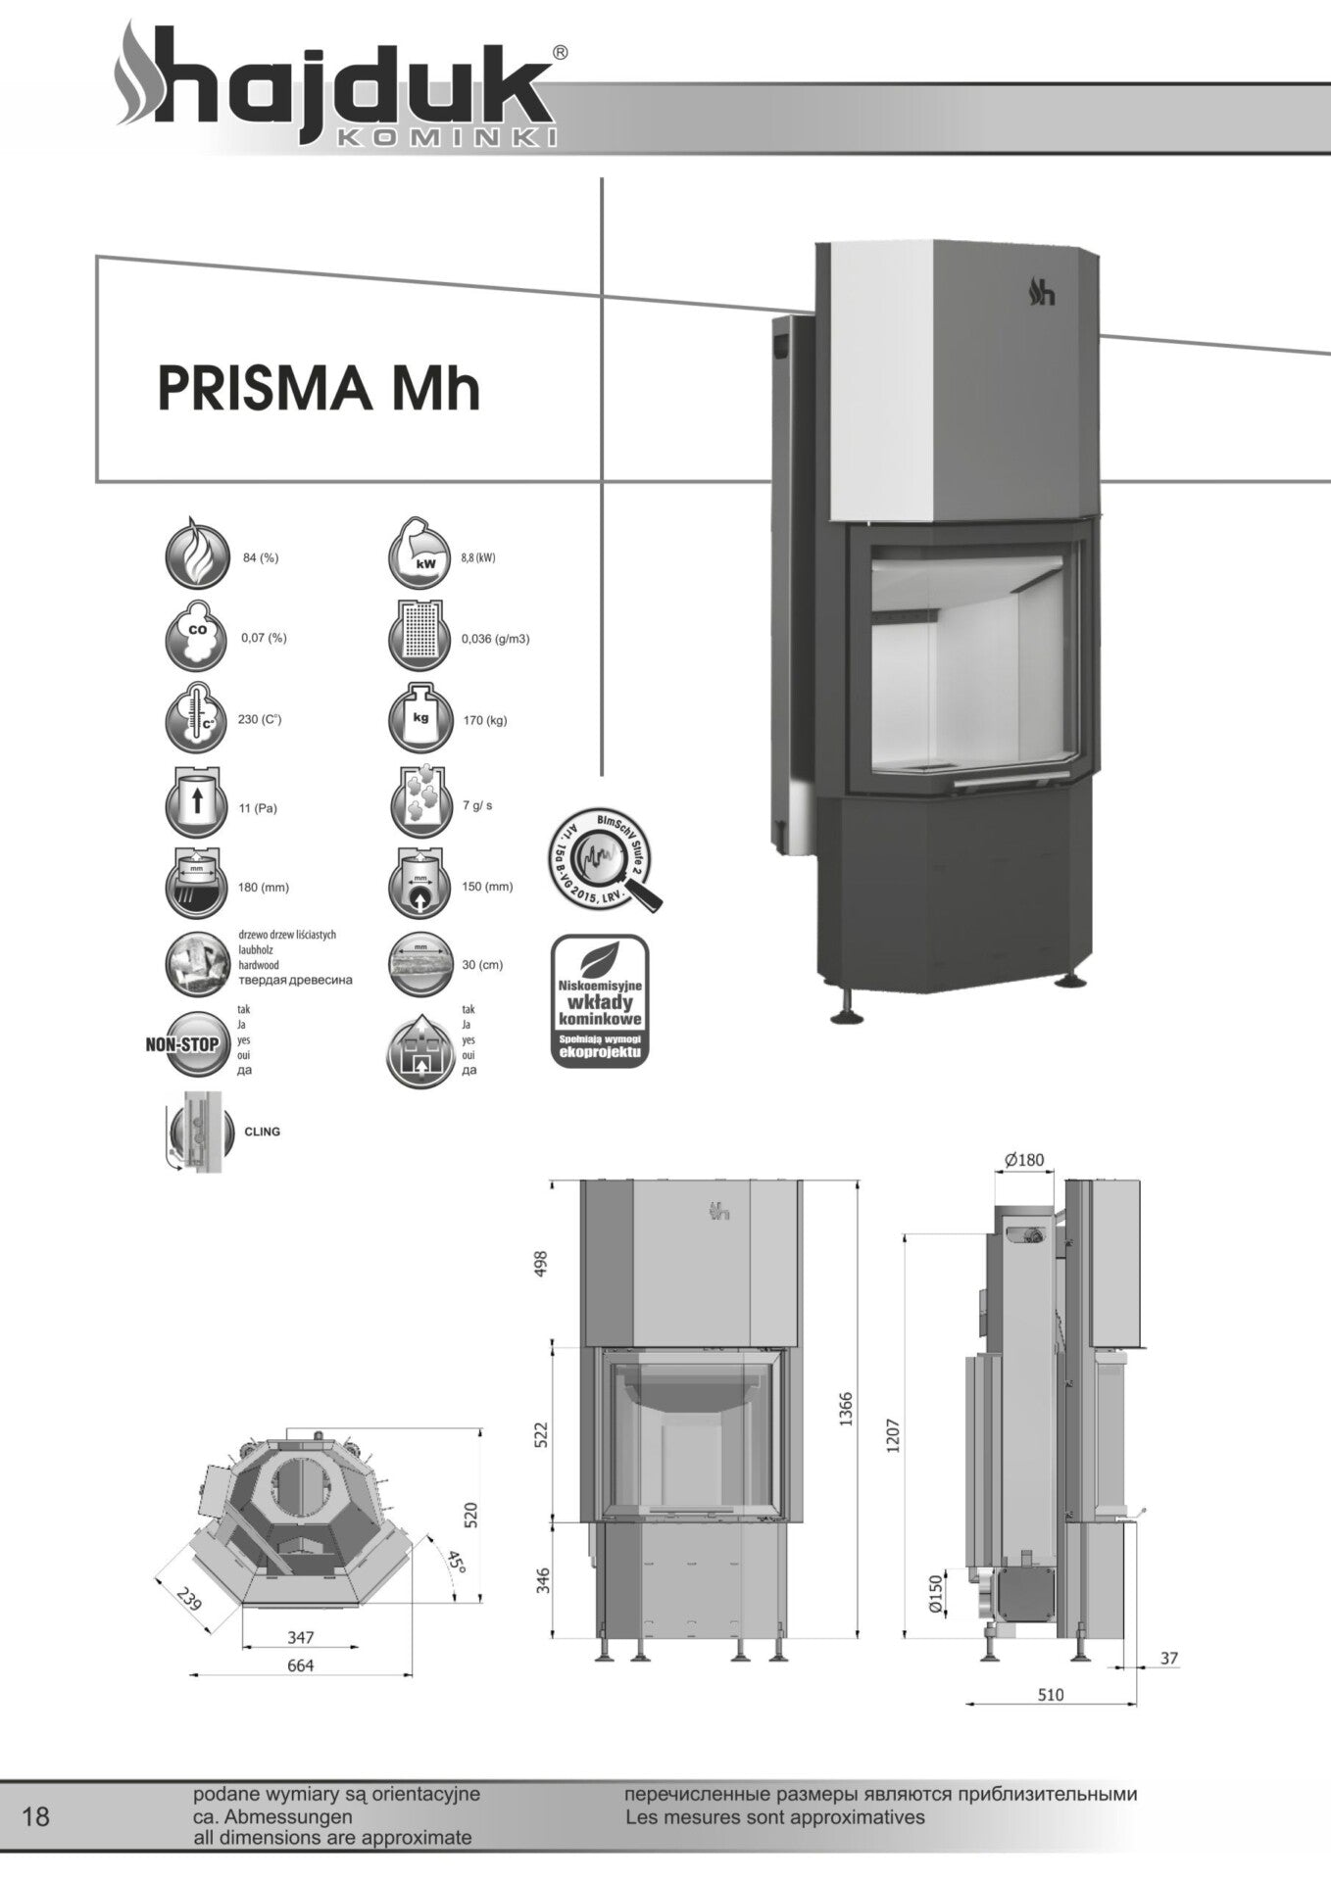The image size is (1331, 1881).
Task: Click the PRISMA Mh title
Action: pyautogui.click(x=319, y=388)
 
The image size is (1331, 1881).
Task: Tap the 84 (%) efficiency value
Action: pyautogui.click(x=261, y=558)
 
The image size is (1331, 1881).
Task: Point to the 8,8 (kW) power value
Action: pyautogui.click(x=478, y=558)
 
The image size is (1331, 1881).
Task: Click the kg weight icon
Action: pyautogui.click(x=420, y=718)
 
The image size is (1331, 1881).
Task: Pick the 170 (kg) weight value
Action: pyautogui.click(x=485, y=721)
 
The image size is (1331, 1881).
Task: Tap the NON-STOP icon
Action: pyautogui.click(x=183, y=1045)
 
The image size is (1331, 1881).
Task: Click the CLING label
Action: pyautogui.click(x=262, y=1132)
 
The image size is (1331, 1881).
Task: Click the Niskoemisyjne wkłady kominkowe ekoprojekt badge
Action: pyautogui.click(x=599, y=1001)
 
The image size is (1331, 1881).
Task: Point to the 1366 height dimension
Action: pyautogui.click(x=846, y=1409)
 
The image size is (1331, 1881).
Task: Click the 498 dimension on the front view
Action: pyautogui.click(x=539, y=1263)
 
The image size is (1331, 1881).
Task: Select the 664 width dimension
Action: pyautogui.click(x=300, y=1665)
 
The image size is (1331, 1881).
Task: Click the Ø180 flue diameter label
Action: pyautogui.click(x=1024, y=1160)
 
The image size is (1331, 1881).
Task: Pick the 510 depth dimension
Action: pyautogui.click(x=1050, y=1695)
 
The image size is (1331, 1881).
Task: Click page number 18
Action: pyautogui.click(x=35, y=1817)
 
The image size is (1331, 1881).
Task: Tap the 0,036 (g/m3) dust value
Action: pyautogui.click(x=495, y=639)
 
